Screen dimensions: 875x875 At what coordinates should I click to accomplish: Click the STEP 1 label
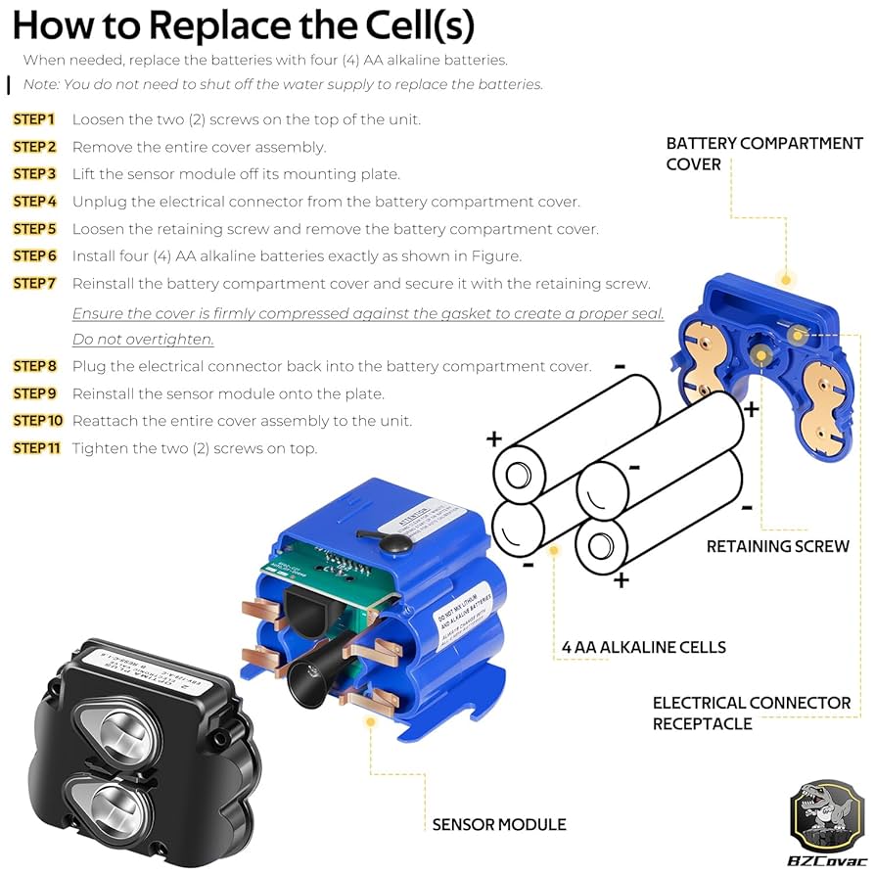tap(34, 119)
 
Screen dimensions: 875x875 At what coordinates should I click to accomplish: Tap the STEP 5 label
tap(35, 229)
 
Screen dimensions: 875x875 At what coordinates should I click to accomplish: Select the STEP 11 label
tap(37, 448)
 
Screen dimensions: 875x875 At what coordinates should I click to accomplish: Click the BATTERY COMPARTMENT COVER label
tap(763, 154)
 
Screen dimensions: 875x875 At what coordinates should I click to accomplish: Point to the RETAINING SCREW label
tap(777, 546)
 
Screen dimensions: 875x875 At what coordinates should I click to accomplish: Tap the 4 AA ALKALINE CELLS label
tap(643, 647)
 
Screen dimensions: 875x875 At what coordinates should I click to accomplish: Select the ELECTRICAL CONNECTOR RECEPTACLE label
tap(751, 714)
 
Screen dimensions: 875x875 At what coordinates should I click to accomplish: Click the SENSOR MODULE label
tap(499, 824)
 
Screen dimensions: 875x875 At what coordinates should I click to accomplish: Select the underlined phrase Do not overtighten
tap(143, 340)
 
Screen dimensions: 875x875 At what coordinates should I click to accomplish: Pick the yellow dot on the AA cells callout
tap(554, 550)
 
